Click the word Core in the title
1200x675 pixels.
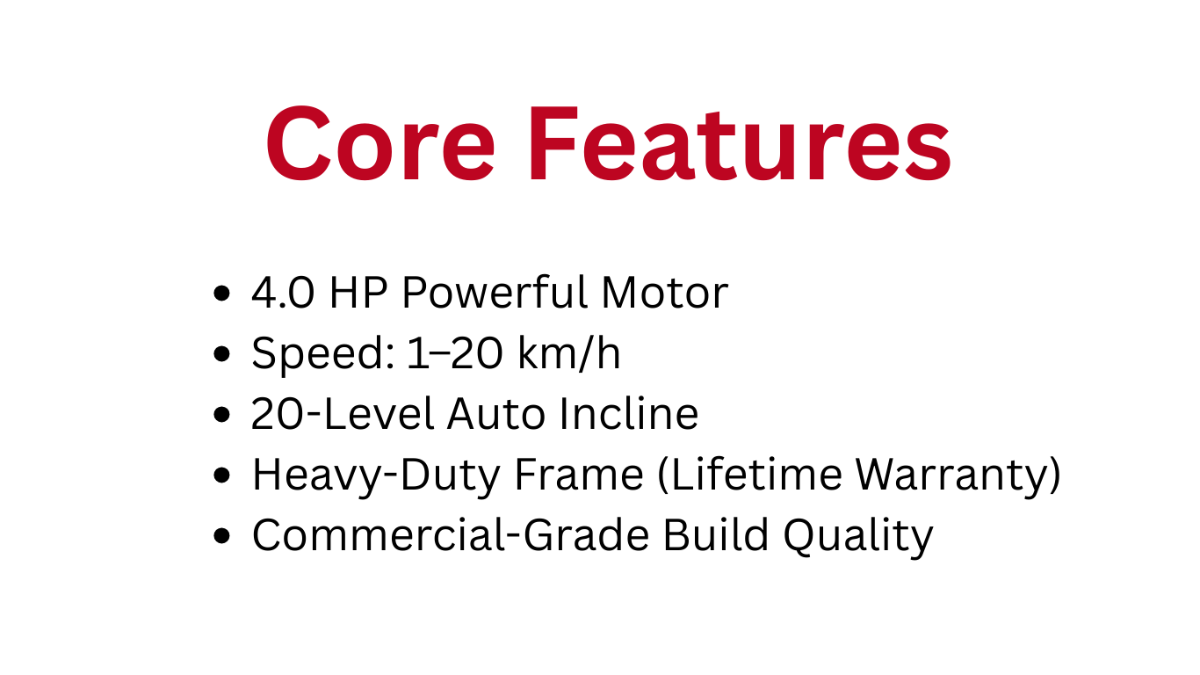click(x=380, y=144)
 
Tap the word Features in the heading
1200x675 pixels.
click(x=739, y=144)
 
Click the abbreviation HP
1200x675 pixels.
click(x=358, y=294)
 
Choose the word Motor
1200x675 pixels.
click(x=664, y=294)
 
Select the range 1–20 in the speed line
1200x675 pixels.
click(x=455, y=354)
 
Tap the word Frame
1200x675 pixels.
click(x=579, y=475)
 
